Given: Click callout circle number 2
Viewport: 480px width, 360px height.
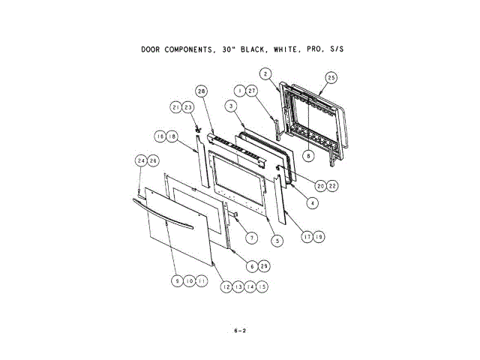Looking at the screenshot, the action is coord(265,73).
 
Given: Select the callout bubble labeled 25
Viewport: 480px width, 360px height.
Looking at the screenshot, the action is coord(331,77).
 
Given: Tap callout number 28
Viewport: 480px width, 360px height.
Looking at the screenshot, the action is coord(201,91).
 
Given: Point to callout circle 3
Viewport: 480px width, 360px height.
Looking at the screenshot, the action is coord(232,106).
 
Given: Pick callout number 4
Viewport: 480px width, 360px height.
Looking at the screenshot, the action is coord(312,202).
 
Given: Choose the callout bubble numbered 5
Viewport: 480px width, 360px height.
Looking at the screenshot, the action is coord(277,241).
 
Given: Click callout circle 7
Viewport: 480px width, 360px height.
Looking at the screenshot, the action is coord(253,237).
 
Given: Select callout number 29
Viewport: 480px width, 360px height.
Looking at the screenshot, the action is coord(264,266).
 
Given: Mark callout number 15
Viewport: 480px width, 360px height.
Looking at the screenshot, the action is coord(262,286).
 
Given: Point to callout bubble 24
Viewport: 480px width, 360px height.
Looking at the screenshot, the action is coord(139,160).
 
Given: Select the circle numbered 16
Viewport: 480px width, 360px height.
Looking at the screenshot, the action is coord(160,136).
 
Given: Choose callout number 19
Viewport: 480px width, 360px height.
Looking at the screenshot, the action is coord(319,237).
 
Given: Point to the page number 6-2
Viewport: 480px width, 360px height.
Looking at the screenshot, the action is coord(240,330).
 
